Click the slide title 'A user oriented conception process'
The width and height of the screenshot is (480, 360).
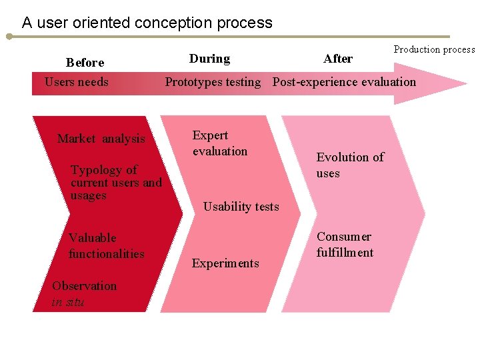tap(147, 23)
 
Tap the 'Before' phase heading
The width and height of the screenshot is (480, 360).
tap(85, 63)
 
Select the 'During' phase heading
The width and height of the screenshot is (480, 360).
tap(209, 59)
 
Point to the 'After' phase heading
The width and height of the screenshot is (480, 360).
tap(338, 59)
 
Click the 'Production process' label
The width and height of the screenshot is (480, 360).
tap(434, 49)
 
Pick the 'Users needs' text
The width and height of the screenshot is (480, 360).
tap(76, 82)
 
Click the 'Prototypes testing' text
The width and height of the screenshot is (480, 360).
tap(213, 83)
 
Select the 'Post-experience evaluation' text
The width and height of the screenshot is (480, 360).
tap(344, 83)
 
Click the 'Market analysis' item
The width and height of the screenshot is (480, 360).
tap(101, 139)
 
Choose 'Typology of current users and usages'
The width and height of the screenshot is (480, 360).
tap(115, 183)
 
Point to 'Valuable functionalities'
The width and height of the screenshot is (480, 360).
tap(106, 245)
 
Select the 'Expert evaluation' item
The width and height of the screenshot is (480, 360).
tap(219, 143)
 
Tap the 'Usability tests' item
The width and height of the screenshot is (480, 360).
tap(241, 207)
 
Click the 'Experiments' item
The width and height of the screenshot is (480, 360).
tap(225, 263)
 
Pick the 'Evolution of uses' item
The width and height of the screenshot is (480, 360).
tap(350, 165)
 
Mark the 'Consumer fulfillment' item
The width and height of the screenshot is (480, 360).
tap(345, 245)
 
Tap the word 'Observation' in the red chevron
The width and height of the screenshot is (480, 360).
tap(84, 286)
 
